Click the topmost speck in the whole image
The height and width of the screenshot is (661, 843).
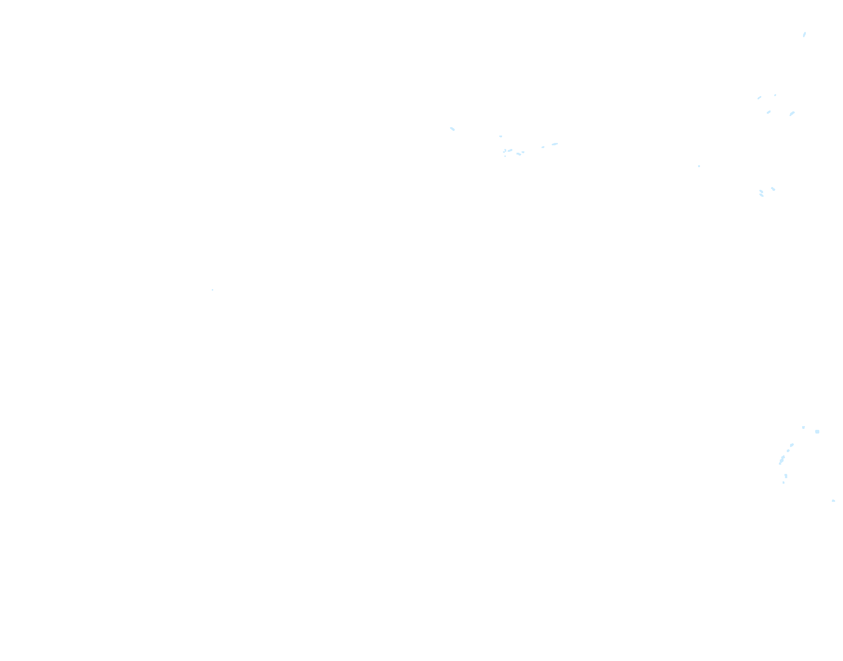point(804,34)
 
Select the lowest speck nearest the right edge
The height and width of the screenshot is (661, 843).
point(833,501)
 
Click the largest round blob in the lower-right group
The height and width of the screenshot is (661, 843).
point(817,432)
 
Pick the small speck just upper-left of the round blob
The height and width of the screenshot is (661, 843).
point(804,427)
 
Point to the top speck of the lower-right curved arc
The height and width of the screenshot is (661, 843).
point(792,445)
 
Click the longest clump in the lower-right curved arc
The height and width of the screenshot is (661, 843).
point(782,460)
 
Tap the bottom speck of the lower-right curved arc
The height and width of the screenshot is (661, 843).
point(784,483)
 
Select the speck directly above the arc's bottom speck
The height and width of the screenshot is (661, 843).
point(786,476)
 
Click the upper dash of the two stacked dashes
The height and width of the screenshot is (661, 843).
point(761,191)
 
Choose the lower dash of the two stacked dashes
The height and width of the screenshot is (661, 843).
point(762,195)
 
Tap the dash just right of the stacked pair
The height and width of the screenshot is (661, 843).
point(773,189)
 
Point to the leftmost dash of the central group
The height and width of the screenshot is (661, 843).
point(452,129)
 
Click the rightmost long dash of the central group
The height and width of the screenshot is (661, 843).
point(555,144)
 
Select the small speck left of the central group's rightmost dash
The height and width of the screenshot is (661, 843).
point(543,147)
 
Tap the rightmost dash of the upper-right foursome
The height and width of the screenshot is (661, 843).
point(792,113)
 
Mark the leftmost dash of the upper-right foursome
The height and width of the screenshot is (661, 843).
point(759,98)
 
